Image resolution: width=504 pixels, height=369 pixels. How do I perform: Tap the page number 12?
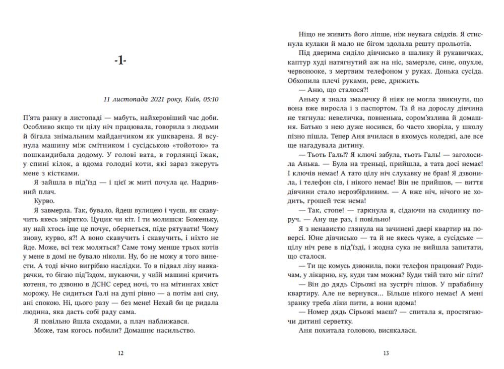click(120, 353)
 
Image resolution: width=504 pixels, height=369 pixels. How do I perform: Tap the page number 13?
click(386, 353)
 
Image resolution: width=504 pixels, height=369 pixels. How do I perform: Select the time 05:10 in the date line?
click(211, 99)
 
